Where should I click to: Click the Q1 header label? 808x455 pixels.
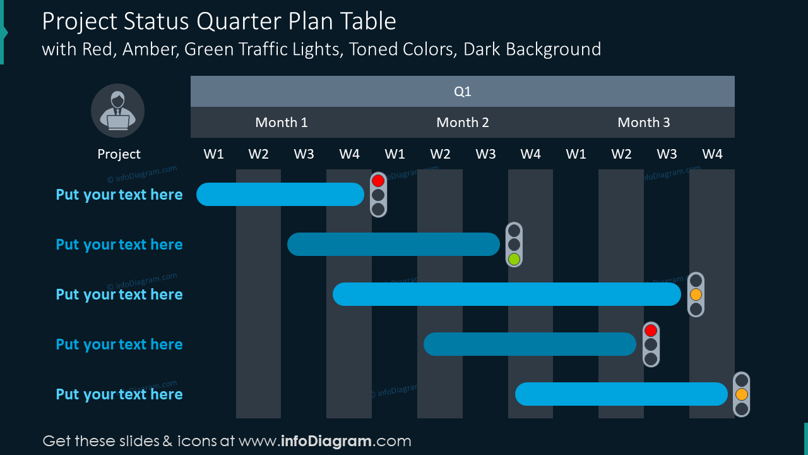click(463, 92)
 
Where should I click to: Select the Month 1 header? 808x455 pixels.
click(282, 123)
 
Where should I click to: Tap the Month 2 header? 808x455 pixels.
click(463, 123)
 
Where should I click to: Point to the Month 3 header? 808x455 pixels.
click(644, 123)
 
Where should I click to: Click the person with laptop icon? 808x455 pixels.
click(118, 111)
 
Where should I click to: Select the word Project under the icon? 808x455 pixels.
click(119, 154)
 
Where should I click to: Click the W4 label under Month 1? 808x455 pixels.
click(349, 154)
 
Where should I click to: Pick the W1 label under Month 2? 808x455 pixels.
click(395, 154)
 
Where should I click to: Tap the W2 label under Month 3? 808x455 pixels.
click(621, 154)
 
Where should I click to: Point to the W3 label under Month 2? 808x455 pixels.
click(485, 154)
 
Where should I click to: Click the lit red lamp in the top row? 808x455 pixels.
click(378, 181)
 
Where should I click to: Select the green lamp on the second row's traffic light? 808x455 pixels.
click(514, 258)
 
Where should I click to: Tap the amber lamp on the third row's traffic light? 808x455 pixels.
click(696, 294)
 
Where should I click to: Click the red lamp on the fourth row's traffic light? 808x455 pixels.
click(651, 331)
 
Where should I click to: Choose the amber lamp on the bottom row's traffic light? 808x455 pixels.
click(742, 394)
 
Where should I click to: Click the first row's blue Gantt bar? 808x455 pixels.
click(280, 195)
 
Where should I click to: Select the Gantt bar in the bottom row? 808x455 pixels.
click(621, 394)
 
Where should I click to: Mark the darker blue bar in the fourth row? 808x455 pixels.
click(530, 344)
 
